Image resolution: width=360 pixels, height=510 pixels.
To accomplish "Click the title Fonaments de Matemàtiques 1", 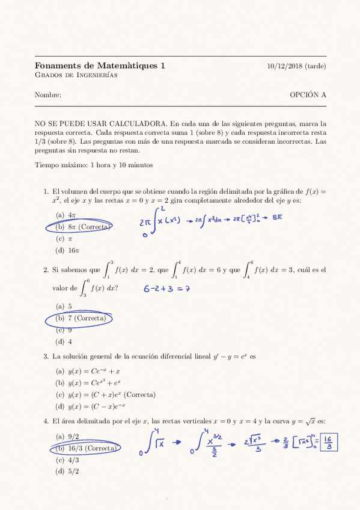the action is click(x=100, y=66).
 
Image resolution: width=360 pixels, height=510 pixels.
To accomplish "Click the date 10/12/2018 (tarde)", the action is click(x=296, y=66).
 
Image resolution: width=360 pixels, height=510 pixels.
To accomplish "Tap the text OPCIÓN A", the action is click(x=308, y=95).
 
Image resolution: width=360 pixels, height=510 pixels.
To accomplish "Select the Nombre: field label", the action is click(x=48, y=95).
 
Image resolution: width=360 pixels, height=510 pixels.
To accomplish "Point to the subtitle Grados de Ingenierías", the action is click(x=76, y=75).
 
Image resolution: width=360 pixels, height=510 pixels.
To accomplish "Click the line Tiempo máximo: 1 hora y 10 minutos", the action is click(x=94, y=164).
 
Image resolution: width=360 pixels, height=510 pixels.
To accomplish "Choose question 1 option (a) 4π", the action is click(x=66, y=215).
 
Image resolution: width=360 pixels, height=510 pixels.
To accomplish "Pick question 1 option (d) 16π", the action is click(x=68, y=250).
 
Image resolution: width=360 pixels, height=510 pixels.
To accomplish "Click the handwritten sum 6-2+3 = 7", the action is click(x=166, y=289).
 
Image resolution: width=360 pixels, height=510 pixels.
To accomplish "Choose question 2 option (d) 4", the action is click(x=64, y=342).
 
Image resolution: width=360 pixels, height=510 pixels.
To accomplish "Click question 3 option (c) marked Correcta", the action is click(x=105, y=395).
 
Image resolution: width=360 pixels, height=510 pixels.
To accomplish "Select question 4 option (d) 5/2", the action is click(x=67, y=471).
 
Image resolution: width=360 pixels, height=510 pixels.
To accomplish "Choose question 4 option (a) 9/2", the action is click(x=67, y=437).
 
